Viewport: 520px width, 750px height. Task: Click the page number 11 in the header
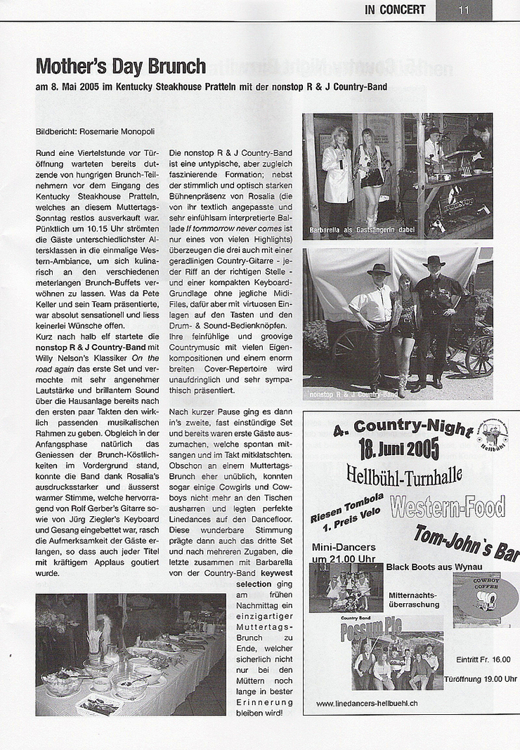point(463,10)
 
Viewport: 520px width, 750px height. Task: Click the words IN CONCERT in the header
point(395,10)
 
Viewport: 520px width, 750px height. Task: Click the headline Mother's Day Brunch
point(120,67)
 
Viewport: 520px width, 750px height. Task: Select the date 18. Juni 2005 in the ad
point(398,448)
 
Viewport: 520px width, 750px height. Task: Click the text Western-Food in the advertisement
point(447,506)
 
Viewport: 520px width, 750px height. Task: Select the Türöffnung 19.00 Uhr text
point(480,679)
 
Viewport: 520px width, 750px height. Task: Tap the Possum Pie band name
point(371,630)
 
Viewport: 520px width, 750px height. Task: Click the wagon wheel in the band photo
point(478,355)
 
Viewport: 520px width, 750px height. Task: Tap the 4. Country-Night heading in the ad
point(392,427)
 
